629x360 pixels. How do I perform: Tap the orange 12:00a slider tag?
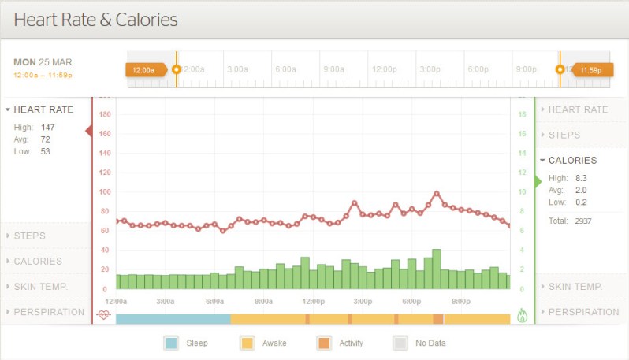click(145, 69)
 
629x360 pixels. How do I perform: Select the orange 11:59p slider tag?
click(590, 69)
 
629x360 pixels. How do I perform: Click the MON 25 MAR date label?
click(43, 61)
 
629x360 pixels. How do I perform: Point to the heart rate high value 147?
click(47, 127)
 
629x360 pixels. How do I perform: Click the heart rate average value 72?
click(45, 139)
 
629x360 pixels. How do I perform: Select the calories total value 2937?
click(583, 221)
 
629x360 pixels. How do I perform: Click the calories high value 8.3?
click(581, 178)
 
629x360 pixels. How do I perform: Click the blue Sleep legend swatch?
click(171, 343)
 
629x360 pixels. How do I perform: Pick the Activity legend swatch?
click(324, 343)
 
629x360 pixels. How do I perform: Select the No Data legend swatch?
click(400, 343)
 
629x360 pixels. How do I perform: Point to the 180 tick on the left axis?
click(105, 114)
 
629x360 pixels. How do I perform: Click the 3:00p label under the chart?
click(363, 301)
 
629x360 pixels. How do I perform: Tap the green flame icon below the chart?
click(522, 315)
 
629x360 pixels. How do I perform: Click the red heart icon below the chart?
click(104, 315)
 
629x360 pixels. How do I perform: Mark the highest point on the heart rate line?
click(437, 193)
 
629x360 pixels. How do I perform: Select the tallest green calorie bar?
click(437, 269)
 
